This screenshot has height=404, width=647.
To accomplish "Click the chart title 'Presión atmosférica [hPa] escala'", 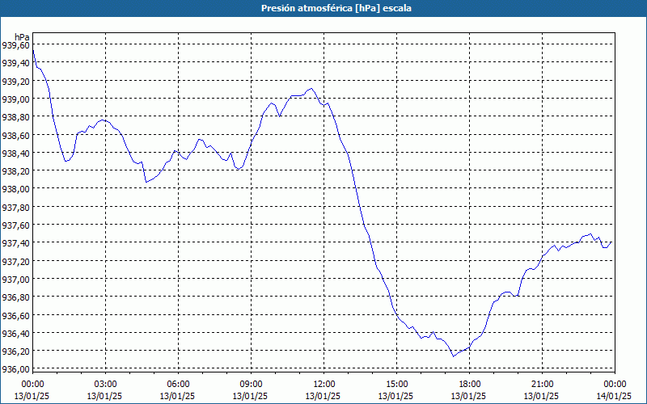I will [x=324, y=8].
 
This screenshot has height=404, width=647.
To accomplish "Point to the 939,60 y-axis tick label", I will [x=16, y=45].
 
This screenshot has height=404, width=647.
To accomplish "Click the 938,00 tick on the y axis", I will [x=16, y=189].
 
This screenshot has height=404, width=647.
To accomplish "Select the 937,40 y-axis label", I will [x=16, y=243].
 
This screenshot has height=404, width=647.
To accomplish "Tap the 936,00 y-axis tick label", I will [x=16, y=369].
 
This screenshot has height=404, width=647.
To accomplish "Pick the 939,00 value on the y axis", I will [x=16, y=99].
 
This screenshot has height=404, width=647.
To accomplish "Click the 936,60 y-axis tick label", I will [x=16, y=315].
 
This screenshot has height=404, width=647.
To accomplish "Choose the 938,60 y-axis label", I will [x=16, y=135].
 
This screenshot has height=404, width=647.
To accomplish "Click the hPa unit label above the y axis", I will [x=22, y=37].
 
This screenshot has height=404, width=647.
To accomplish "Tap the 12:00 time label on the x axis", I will [x=323, y=384].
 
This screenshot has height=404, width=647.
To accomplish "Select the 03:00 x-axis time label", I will [x=105, y=384].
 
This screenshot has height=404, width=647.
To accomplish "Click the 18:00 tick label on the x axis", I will [x=469, y=384].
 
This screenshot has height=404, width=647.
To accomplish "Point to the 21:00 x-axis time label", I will [x=542, y=384].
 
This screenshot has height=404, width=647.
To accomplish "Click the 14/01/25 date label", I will [x=615, y=395].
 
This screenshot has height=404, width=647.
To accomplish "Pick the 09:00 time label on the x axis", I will [x=251, y=384].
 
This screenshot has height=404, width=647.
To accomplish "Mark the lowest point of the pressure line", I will [x=454, y=356].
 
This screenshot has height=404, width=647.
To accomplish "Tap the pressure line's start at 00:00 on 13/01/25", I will [x=32, y=50].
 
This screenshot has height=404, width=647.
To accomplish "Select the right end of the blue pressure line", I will [x=611, y=242].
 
